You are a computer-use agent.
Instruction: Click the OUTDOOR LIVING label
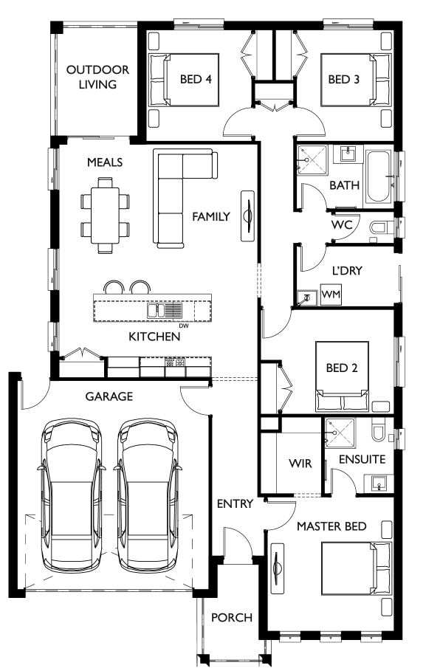[x=97, y=77]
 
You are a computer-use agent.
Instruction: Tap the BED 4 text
[x=196, y=79]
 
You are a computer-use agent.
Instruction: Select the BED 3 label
[x=344, y=79]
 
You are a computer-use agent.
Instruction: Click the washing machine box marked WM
[x=331, y=295]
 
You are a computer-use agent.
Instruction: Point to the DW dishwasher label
[x=184, y=326]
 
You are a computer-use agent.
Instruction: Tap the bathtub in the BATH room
[x=379, y=176]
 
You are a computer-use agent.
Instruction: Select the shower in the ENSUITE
[x=340, y=433]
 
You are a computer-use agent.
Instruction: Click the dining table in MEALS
[x=105, y=216]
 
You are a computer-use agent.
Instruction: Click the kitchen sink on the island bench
[x=165, y=310]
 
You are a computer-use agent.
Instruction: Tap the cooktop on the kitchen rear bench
[x=176, y=363]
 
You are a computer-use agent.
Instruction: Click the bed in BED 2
[x=342, y=376]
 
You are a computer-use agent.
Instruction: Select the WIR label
[x=300, y=464]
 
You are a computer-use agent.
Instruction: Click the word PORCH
[x=232, y=618]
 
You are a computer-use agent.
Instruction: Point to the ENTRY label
[x=235, y=503]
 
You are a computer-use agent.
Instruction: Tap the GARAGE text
[x=109, y=396]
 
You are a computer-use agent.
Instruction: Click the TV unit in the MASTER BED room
[x=278, y=568]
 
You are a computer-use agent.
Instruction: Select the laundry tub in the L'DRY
[x=306, y=297]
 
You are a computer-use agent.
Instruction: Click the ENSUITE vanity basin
[x=379, y=484]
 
